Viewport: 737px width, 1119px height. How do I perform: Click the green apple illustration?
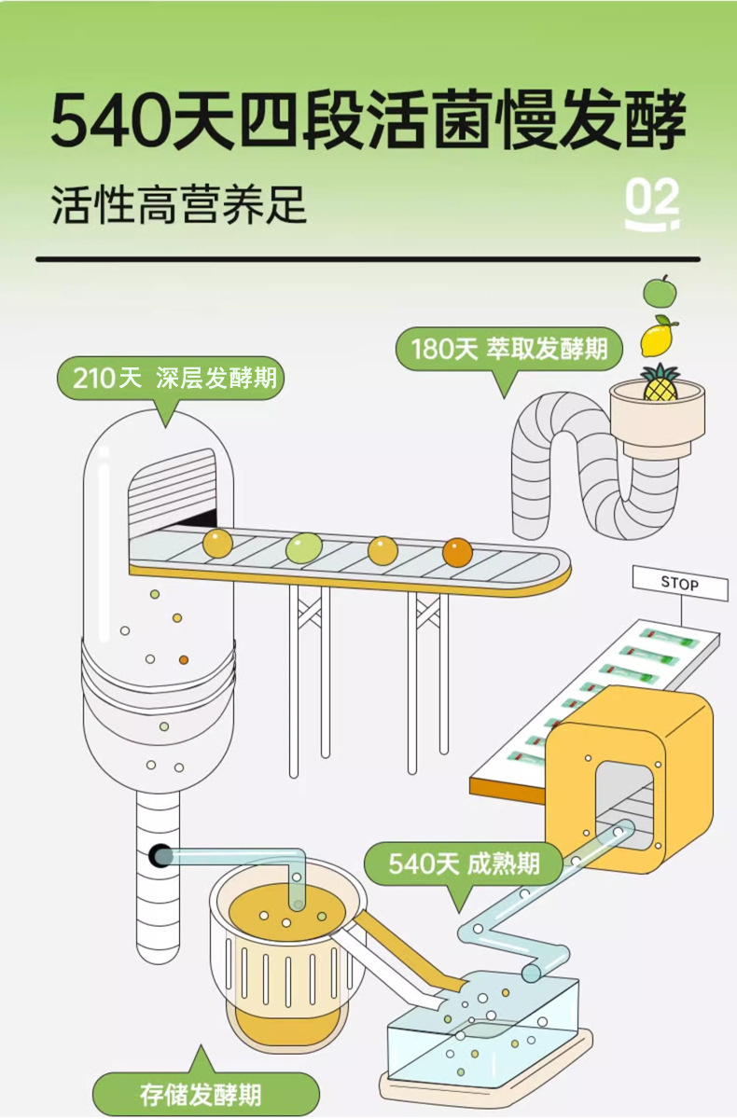point(660,292)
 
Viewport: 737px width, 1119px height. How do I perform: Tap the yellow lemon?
point(659,336)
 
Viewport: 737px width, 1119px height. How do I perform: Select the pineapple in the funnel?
point(661,383)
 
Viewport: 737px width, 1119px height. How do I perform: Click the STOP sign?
point(679,584)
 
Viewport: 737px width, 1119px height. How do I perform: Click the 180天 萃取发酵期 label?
point(508,349)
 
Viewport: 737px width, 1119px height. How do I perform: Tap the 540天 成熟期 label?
point(464,863)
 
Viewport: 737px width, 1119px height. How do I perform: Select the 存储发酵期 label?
point(201,1094)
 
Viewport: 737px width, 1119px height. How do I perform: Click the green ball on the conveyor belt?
point(303,547)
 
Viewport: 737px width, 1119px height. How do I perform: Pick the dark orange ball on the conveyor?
point(457,552)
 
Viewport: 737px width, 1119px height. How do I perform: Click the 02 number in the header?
point(651,200)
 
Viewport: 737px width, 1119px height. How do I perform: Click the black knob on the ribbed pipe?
point(160,854)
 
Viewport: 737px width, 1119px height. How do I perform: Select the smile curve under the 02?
point(651,225)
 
